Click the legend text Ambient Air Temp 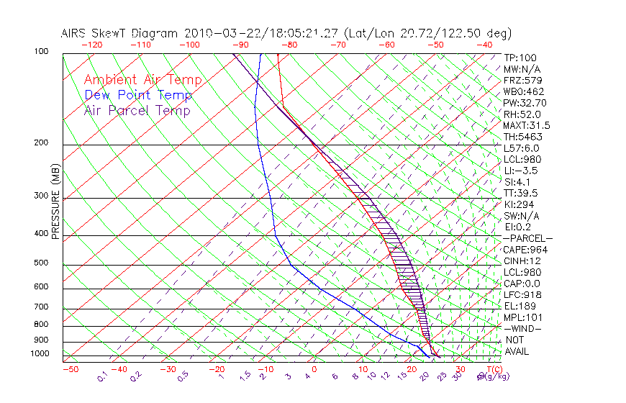pos(142,80)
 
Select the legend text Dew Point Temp pos(137,95)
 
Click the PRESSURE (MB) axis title pos(55,201)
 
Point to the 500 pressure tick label pos(40,263)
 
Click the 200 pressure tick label pos(40,142)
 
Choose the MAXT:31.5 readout pos(527,125)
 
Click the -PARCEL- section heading pos(528,238)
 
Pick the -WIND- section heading pos(523,328)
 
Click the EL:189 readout pos(520,306)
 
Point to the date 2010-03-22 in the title pos(215,33)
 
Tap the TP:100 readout pos(520,58)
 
